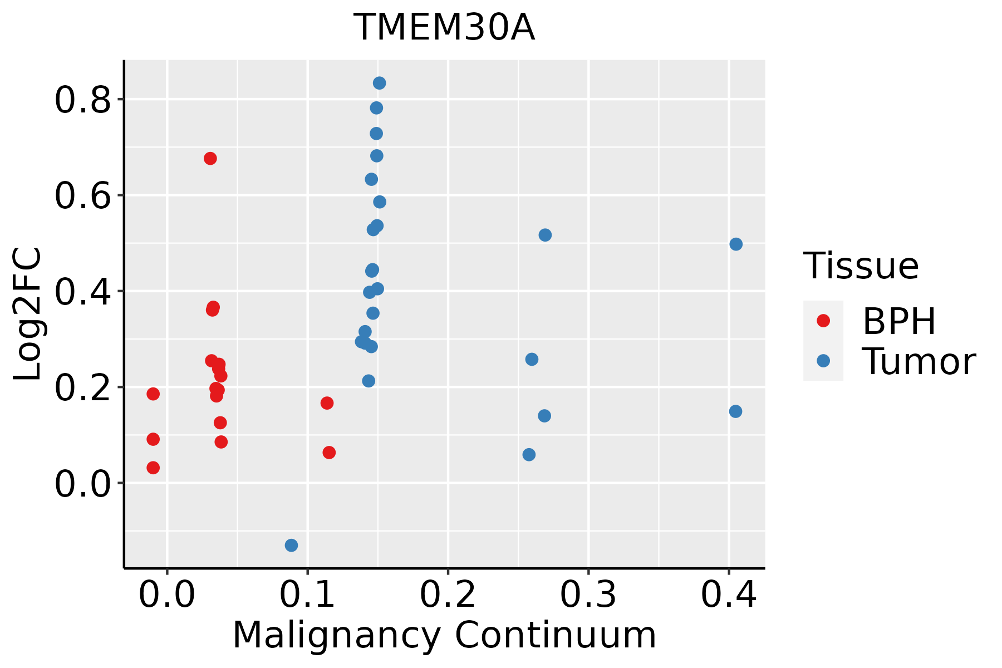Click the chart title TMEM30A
click(x=444, y=28)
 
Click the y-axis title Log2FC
click(x=28, y=315)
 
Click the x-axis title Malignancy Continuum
click(x=444, y=635)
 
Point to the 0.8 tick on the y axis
click(x=83, y=100)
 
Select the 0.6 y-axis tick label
click(x=83, y=196)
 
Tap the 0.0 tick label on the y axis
click(x=83, y=484)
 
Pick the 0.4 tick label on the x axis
click(x=728, y=595)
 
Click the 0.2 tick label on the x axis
click(x=448, y=595)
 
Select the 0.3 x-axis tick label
click(x=588, y=595)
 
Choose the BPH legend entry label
click(x=899, y=321)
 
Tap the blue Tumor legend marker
click(x=823, y=361)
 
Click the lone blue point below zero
click(x=291, y=545)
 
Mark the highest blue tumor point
click(x=380, y=83)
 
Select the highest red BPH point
click(x=210, y=159)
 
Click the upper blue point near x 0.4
click(x=736, y=244)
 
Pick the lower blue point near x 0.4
click(x=735, y=411)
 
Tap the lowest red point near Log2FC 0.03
click(x=153, y=468)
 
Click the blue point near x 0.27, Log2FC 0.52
click(x=545, y=235)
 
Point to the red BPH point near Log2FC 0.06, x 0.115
click(x=329, y=453)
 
